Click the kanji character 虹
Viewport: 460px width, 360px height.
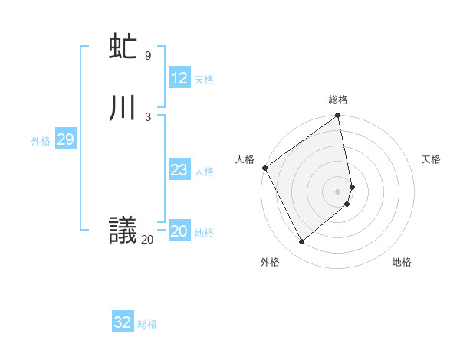[x=123, y=47]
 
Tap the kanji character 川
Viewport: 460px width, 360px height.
[x=123, y=109]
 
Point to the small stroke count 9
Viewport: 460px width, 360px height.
[x=148, y=55]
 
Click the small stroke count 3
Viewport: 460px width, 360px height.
[x=148, y=116]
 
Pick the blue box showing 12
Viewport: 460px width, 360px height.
[x=179, y=78]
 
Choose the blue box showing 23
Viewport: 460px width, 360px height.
[x=179, y=170]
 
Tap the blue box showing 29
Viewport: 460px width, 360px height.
[x=65, y=139]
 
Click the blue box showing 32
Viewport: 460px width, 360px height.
[x=123, y=322]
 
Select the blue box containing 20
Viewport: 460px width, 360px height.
[x=179, y=231]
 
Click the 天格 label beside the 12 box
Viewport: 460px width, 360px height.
[x=204, y=80]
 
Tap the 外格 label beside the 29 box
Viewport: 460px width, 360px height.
[x=41, y=141]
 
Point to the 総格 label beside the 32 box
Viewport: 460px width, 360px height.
[x=147, y=324]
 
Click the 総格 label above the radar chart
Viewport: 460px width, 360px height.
[x=338, y=100]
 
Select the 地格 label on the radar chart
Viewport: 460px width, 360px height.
[x=402, y=262]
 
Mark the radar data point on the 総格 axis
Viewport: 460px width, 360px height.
[x=338, y=116]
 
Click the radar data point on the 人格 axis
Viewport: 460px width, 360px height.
[x=264, y=168]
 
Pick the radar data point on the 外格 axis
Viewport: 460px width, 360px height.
[x=301, y=242]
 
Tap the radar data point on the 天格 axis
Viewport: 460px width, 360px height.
[x=352, y=186]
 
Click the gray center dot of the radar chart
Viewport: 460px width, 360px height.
[x=338, y=191]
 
